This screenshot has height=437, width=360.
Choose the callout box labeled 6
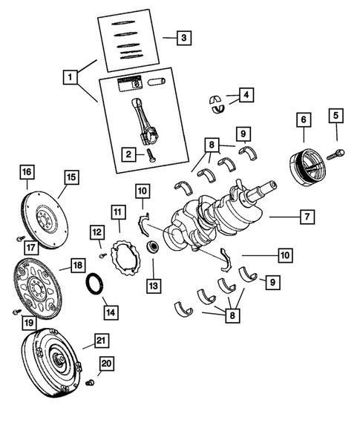click(x=303, y=119)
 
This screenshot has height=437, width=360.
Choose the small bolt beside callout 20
click(x=89, y=383)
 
